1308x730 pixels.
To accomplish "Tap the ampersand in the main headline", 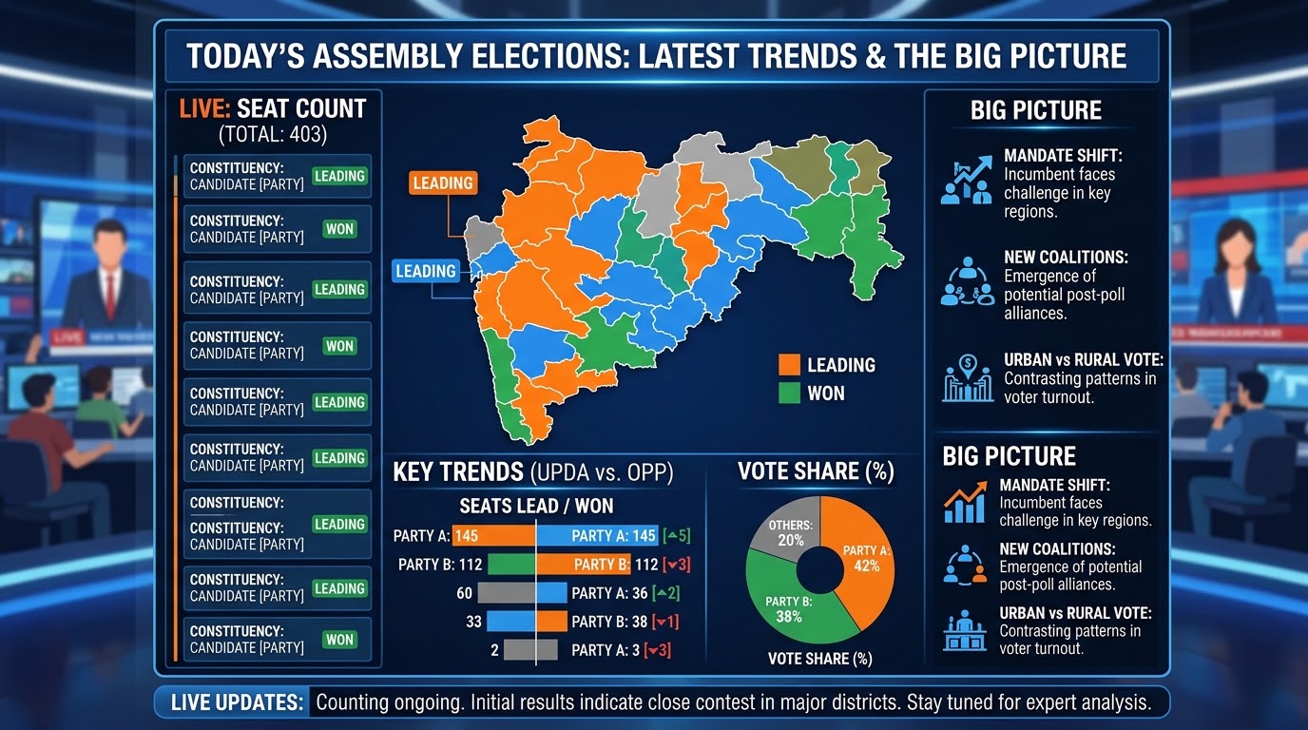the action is click(x=875, y=56).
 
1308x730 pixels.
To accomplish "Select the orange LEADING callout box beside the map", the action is click(x=443, y=183).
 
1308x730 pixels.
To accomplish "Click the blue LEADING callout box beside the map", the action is click(x=426, y=271).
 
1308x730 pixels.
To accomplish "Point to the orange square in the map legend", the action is click(x=789, y=365).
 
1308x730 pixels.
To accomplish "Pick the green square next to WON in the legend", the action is click(x=789, y=393).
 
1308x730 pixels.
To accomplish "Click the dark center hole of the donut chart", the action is click(x=819, y=570).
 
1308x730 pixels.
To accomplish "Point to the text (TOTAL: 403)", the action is click(x=273, y=135).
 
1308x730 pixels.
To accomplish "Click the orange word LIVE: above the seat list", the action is click(x=204, y=109).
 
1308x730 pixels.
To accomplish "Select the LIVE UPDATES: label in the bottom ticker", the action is click(x=237, y=702).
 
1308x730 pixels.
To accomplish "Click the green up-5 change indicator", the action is click(x=677, y=535).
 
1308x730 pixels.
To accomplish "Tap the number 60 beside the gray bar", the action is click(x=464, y=593).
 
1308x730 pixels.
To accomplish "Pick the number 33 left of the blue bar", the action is click(x=473, y=622).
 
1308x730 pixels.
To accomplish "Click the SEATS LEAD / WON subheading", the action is click(x=536, y=506).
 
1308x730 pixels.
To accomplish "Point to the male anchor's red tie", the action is click(x=110, y=297).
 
